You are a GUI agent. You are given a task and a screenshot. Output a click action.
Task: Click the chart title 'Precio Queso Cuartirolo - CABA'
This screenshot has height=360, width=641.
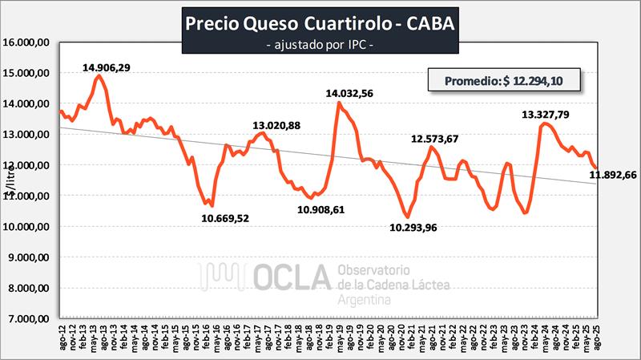[x=320, y=23]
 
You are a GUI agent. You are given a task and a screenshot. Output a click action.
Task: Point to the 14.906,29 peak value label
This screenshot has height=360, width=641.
[x=117, y=67]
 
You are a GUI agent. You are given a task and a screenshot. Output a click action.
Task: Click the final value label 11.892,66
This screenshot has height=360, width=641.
[x=612, y=176]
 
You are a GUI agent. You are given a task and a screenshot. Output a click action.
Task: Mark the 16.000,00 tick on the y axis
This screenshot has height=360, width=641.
[x=29, y=42]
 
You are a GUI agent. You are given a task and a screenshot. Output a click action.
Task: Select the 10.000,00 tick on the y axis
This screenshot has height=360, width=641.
[x=29, y=227]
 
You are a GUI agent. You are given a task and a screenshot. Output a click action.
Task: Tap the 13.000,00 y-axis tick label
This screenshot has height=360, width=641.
[x=29, y=135]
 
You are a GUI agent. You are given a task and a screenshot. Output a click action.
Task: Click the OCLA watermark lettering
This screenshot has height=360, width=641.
[x=292, y=277]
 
